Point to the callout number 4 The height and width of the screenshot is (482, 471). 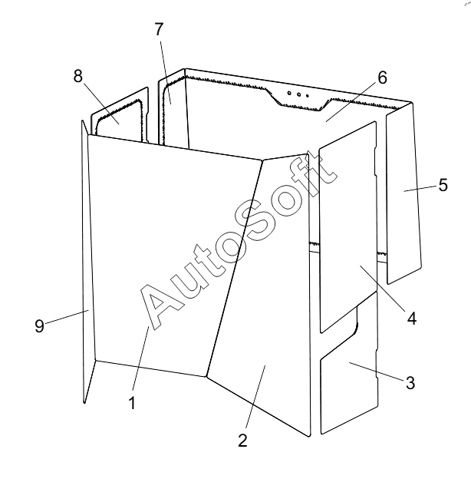pos(411,317)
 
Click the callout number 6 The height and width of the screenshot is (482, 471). pos(382,78)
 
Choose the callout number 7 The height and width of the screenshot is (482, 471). pos(159,28)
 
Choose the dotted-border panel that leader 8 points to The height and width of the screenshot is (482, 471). pos(119,119)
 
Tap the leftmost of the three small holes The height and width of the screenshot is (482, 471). pos(289,92)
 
